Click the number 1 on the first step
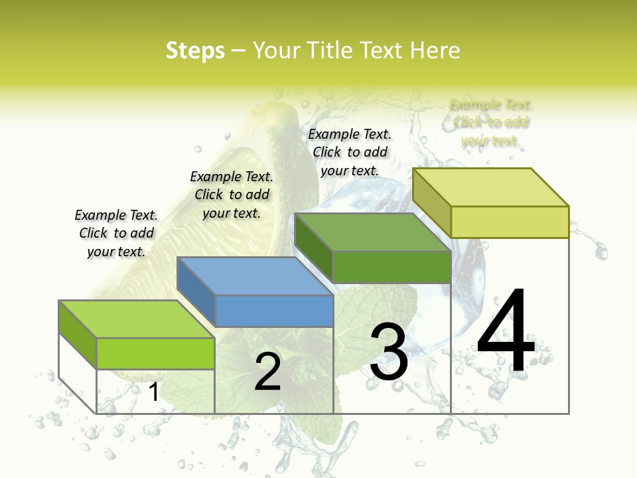click(153, 392)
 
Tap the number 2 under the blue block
click(267, 372)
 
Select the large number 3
click(389, 351)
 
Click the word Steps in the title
click(195, 50)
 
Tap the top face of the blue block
click(255, 276)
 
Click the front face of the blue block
click(275, 311)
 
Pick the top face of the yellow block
click(491, 187)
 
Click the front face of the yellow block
click(510, 222)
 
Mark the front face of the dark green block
click(391, 267)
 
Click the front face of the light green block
click(155, 353)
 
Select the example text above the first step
click(116, 233)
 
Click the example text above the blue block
click(232, 195)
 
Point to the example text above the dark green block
click(350, 152)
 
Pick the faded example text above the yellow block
click(491, 123)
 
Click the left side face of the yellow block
click(431, 203)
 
